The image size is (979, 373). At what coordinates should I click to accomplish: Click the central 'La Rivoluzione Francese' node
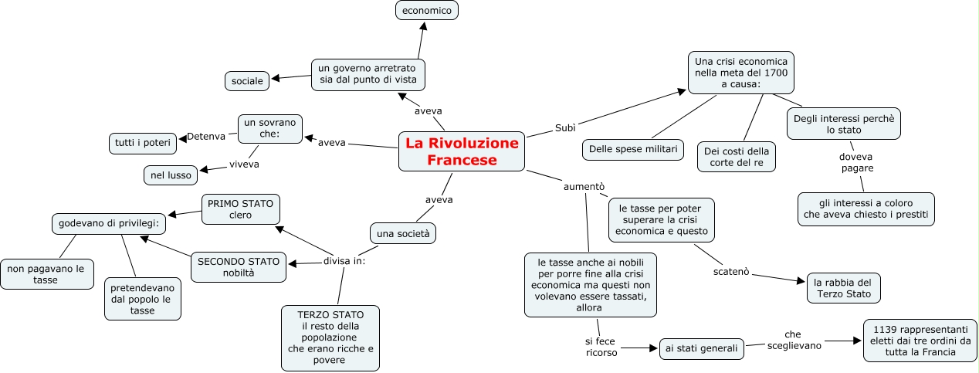462,151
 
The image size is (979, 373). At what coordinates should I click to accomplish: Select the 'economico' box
427,10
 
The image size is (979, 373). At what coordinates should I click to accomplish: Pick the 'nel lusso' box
171,175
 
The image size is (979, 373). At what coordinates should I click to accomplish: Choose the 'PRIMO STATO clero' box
240,209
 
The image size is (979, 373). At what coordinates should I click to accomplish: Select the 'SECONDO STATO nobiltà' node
239,266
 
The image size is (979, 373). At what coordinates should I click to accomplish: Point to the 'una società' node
403,232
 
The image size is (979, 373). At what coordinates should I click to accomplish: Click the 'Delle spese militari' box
632,149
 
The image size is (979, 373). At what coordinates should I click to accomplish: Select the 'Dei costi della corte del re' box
737,157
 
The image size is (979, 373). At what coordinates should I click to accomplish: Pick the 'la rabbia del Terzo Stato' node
843,287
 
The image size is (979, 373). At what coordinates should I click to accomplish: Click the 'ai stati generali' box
702,348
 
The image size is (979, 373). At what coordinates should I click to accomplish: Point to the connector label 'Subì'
565,127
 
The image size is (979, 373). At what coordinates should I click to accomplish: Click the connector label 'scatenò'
730,272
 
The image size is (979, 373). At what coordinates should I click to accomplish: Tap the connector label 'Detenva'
206,137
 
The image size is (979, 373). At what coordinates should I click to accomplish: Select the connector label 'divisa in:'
344,260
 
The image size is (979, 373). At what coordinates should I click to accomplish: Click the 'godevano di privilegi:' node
109,224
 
